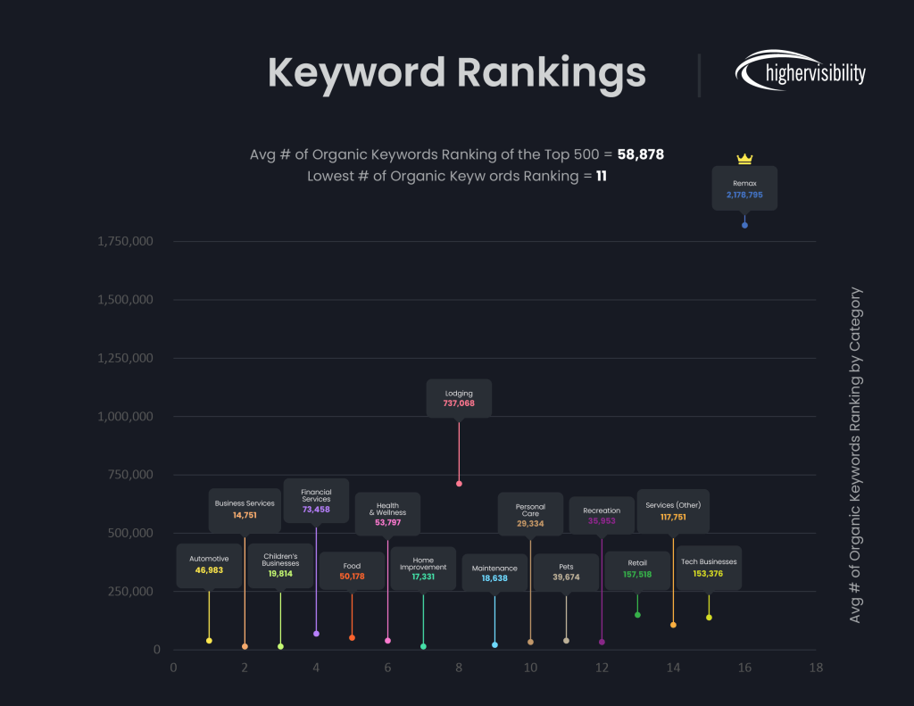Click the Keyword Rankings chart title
coord(456,72)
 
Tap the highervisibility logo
coord(800,72)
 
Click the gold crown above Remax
coord(744,159)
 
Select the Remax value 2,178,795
coord(744,195)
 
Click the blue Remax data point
coord(744,225)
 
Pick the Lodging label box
coord(459,398)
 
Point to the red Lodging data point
coord(459,484)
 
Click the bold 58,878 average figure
coord(640,154)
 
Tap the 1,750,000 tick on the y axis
coord(125,241)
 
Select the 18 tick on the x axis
coord(815,668)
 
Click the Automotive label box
coord(209,565)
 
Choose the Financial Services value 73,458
coord(316,510)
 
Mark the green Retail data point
coord(637,615)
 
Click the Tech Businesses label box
coord(709,568)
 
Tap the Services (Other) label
coord(673,505)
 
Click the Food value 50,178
coord(352,577)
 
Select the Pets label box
coord(566,572)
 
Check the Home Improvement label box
coord(423,569)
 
